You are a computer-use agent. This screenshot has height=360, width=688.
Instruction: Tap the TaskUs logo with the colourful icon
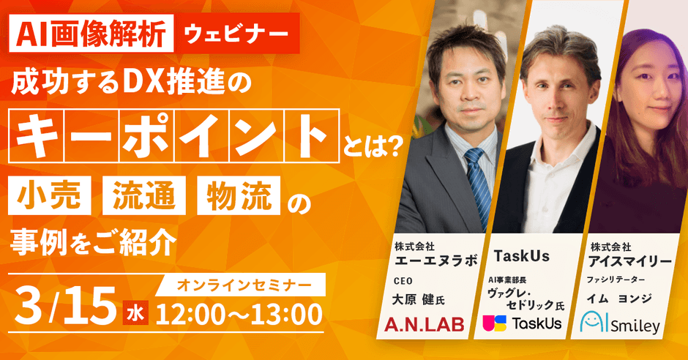pos(522,323)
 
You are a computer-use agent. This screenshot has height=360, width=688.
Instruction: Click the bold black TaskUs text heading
pos(521,257)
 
